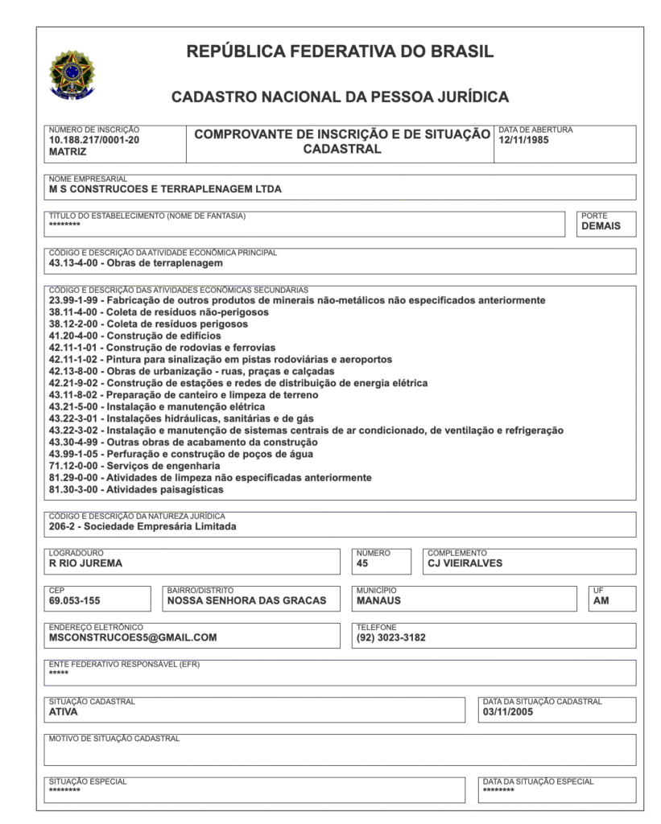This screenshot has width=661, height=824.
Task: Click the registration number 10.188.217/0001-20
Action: click(x=94, y=139)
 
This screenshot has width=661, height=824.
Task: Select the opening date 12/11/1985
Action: click(x=524, y=139)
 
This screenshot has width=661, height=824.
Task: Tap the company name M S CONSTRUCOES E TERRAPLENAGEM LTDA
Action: click(x=165, y=190)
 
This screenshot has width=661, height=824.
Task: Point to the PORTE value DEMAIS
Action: click(x=601, y=226)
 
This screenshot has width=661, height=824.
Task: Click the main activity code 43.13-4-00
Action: click(x=73, y=263)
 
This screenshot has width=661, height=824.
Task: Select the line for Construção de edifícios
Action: click(x=134, y=336)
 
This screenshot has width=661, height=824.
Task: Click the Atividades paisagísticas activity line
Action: click(x=136, y=489)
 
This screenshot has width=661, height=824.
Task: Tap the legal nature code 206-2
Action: click(x=62, y=527)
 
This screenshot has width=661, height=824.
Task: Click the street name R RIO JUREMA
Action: click(x=86, y=563)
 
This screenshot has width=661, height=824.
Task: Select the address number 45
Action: click(x=362, y=563)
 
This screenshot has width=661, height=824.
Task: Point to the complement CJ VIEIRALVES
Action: click(x=465, y=563)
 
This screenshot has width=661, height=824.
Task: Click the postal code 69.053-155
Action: click(x=75, y=600)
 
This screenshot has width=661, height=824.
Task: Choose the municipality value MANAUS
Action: click(x=378, y=600)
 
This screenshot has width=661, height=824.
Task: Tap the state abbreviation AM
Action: click(x=601, y=600)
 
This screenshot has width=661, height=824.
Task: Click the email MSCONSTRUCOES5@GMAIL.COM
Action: click(x=133, y=637)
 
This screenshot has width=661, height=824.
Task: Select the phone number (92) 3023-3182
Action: click(x=390, y=637)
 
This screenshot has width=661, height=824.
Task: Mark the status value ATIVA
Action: click(x=63, y=711)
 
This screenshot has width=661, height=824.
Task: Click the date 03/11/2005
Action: click(x=509, y=711)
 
